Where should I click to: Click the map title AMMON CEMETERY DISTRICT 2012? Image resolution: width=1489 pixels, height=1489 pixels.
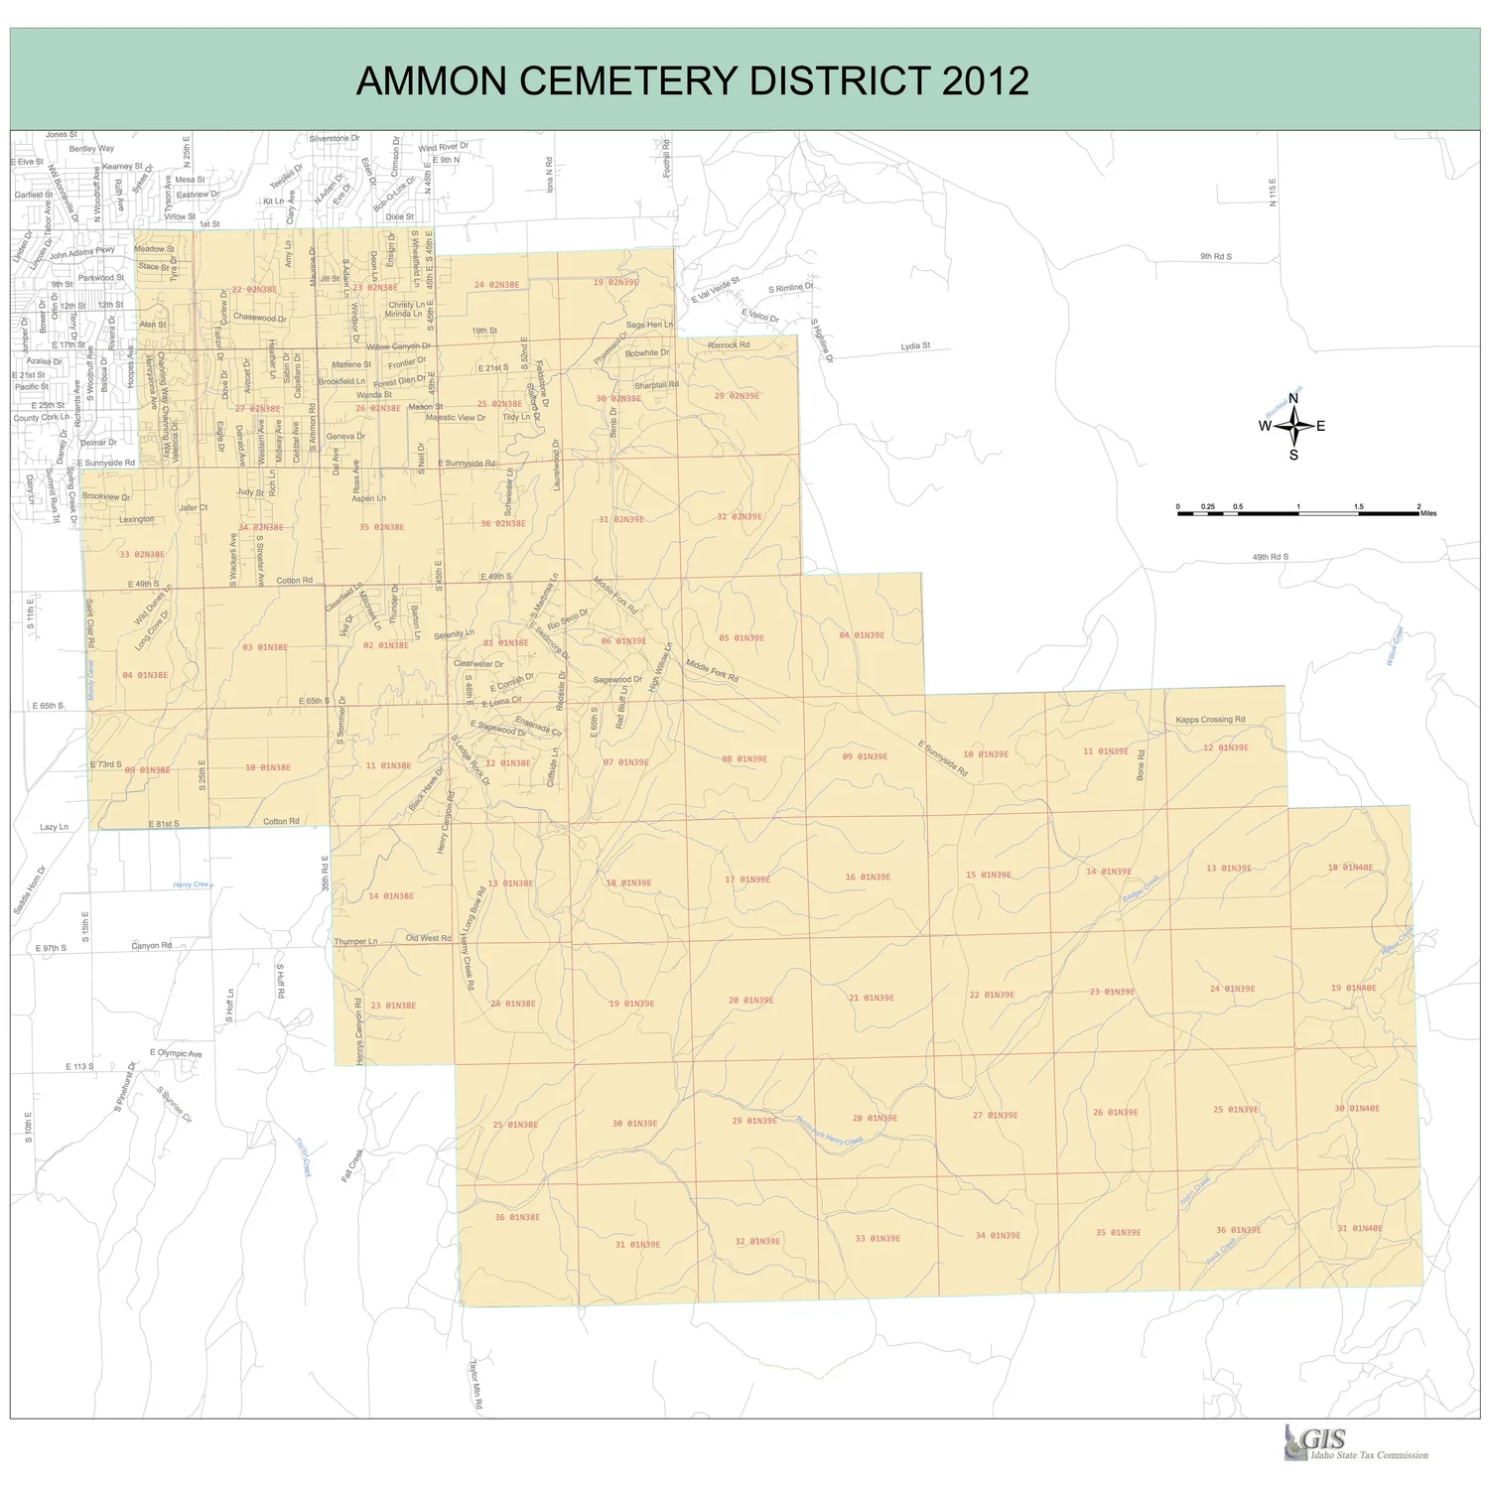pos(692,80)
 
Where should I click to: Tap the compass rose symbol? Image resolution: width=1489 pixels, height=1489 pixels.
pos(1293,427)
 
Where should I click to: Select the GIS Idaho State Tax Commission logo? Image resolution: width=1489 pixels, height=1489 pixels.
pos(1356,1443)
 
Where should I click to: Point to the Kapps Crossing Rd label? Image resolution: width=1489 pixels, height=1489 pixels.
pos(1210,720)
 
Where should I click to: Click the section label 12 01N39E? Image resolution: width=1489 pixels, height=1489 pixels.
pos(1226,748)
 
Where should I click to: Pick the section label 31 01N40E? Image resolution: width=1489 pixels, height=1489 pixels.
pos(1359,1229)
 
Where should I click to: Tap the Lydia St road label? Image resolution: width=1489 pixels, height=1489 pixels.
pos(915,346)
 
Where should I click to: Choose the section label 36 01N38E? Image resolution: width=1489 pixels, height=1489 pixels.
pos(517,1217)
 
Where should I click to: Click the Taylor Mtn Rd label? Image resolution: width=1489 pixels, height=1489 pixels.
pos(475,1384)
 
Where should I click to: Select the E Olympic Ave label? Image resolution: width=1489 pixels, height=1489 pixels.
pos(176,1053)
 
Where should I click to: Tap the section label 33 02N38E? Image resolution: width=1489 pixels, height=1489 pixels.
pos(142,555)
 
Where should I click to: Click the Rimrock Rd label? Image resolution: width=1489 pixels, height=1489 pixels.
pos(729,345)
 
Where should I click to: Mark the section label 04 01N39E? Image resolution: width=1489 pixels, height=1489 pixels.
pos(862,635)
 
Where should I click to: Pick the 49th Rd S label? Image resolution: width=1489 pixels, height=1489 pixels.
pos(1270,558)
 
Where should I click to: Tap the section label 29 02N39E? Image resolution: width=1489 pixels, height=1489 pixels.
pos(737,396)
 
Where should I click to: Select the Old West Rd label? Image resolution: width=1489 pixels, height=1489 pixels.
pos(429,938)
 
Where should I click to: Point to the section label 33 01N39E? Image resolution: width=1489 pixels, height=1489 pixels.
pos(878,1239)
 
